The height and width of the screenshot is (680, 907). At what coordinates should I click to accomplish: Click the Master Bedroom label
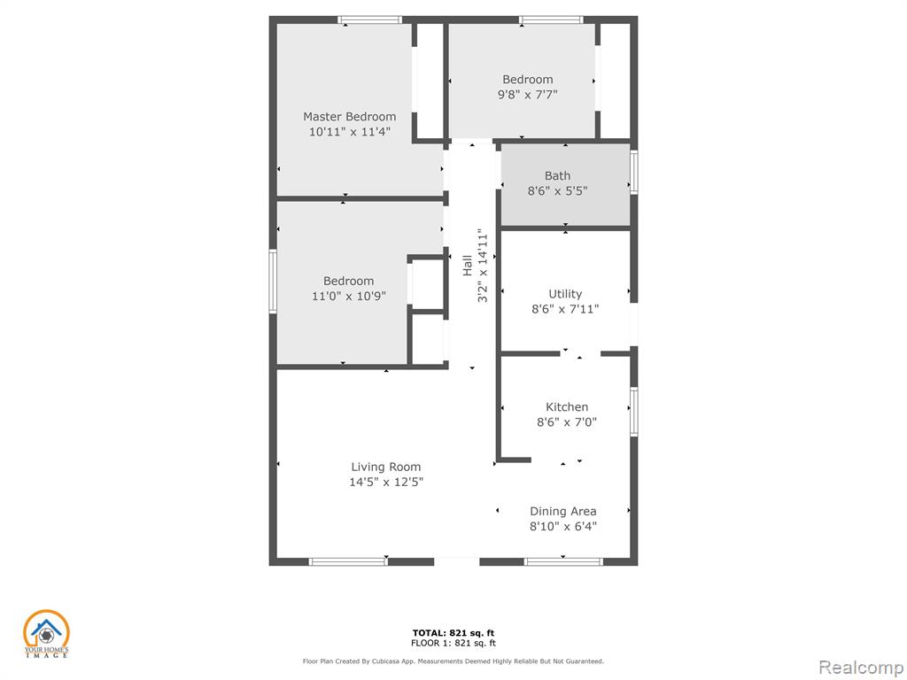click(349, 117)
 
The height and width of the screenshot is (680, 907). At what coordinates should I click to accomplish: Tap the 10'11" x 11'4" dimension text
click(349, 132)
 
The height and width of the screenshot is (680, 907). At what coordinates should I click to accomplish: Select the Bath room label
click(558, 176)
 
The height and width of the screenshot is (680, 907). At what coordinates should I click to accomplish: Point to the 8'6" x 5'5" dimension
click(558, 191)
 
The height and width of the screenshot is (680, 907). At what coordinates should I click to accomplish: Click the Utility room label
click(565, 294)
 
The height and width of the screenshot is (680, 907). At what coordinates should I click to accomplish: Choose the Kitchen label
click(567, 407)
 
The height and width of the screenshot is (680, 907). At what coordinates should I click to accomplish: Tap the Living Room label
click(386, 467)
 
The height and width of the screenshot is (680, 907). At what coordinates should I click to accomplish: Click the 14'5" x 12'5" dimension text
click(386, 483)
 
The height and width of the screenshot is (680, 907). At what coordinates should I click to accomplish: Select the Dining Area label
click(562, 512)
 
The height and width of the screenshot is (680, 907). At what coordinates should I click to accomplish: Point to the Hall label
click(468, 266)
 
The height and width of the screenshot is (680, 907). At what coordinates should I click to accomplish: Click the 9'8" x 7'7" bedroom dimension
click(528, 95)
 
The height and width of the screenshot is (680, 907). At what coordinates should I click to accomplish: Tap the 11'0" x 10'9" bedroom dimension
click(348, 297)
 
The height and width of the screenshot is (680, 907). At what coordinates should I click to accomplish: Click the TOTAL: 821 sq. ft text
click(453, 633)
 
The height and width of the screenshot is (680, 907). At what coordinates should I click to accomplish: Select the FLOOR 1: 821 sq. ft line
click(453, 643)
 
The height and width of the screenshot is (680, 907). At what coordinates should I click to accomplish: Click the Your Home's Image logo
click(46, 634)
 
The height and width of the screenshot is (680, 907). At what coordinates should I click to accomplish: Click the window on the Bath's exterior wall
click(634, 172)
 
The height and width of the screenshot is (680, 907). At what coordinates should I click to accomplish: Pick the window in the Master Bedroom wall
click(369, 20)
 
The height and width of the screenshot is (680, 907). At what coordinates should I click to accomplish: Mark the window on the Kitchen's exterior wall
click(634, 412)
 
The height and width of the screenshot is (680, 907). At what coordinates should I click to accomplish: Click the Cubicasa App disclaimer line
click(453, 661)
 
